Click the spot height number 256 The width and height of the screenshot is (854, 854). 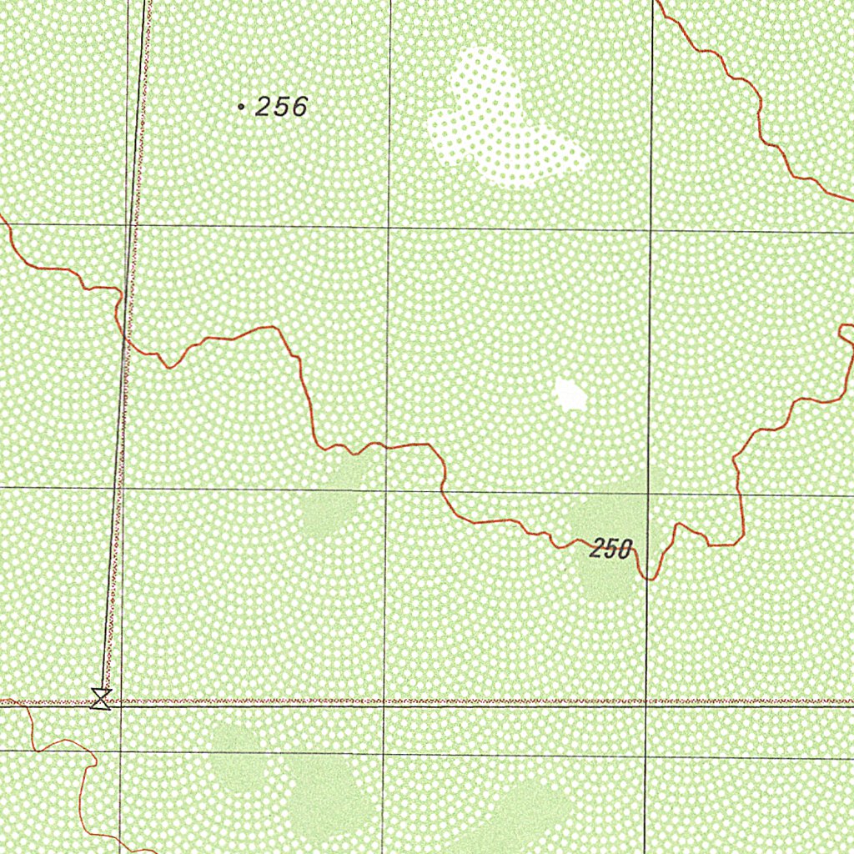point(282,107)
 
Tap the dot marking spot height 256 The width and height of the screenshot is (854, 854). point(241,107)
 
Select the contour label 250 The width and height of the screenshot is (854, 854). point(611,549)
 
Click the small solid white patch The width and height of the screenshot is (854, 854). point(570,394)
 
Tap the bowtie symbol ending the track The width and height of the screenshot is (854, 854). point(102,699)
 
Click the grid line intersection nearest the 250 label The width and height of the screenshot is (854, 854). point(649,494)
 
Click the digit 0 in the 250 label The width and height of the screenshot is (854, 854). point(625,549)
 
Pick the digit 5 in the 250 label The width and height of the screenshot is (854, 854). point(611,549)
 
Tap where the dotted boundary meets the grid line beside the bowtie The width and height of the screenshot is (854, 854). point(121,702)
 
